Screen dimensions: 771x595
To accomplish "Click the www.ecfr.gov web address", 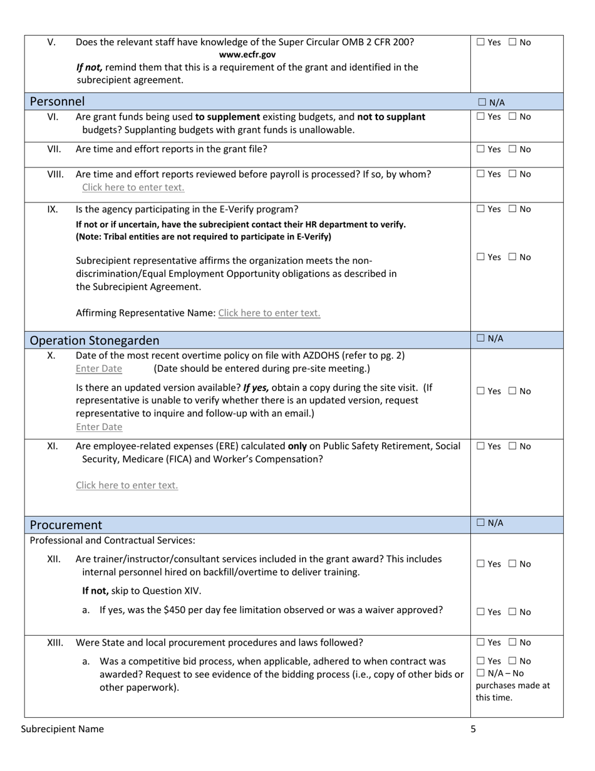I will point(247,55).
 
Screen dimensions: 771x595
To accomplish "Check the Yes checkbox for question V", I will point(480,43).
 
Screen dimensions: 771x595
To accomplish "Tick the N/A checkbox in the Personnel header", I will point(482,102).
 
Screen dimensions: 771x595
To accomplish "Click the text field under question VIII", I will point(133,187).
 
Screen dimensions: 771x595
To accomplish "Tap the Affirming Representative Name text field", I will point(269,313).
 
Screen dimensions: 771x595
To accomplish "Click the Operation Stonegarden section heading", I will point(95,340).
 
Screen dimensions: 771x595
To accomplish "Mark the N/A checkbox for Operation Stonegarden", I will point(481,338).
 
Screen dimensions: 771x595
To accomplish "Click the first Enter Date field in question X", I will point(99,369).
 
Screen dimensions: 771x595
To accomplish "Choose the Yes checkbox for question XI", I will point(480,446).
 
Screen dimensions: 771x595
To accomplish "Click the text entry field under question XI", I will point(127,485).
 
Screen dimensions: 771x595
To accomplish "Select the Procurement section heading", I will point(66,525).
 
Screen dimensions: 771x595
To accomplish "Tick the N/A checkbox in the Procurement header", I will point(481,522).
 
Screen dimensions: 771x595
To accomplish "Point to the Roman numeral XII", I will point(54,559).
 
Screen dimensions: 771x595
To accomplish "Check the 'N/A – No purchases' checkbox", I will point(480,673).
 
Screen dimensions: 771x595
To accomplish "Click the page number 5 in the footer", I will point(473,729).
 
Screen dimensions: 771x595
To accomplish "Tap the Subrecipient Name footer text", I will point(63,729).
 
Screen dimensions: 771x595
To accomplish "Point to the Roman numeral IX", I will point(53,209).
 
